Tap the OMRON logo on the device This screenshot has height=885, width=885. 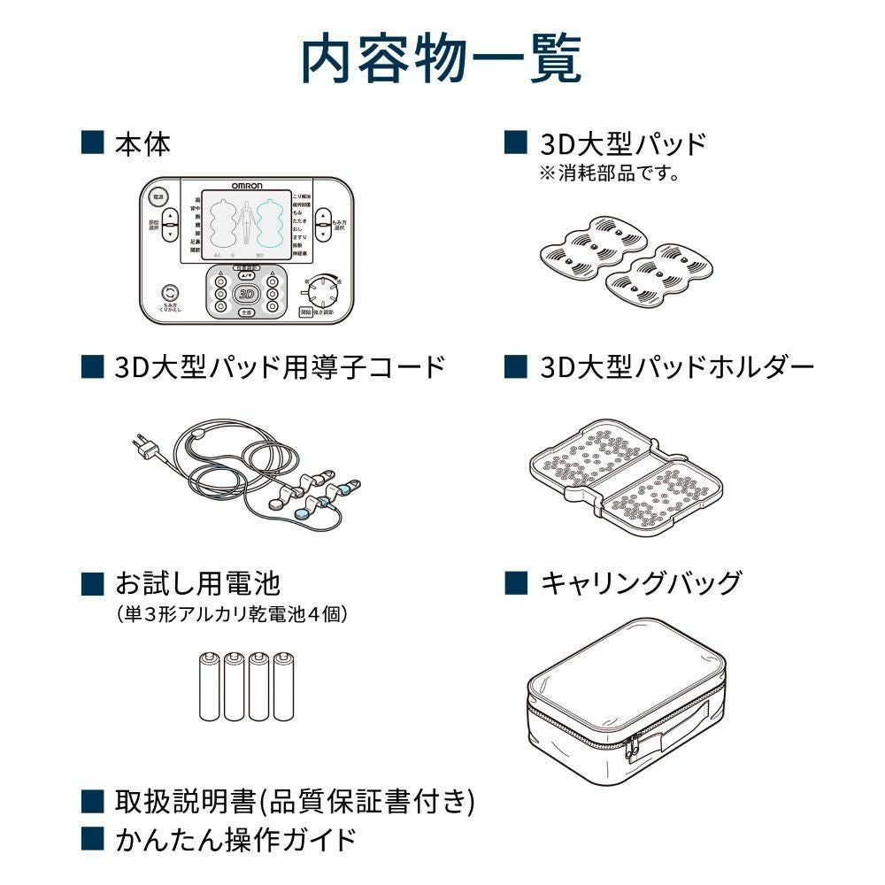click(x=245, y=185)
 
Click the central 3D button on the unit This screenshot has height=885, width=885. click(x=246, y=293)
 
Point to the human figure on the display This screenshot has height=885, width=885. click(x=246, y=223)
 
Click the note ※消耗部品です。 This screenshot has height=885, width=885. click(x=609, y=173)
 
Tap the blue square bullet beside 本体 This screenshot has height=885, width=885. click(x=91, y=142)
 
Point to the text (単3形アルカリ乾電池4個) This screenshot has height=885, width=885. click(x=232, y=613)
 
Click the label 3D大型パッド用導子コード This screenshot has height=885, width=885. click(x=280, y=367)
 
